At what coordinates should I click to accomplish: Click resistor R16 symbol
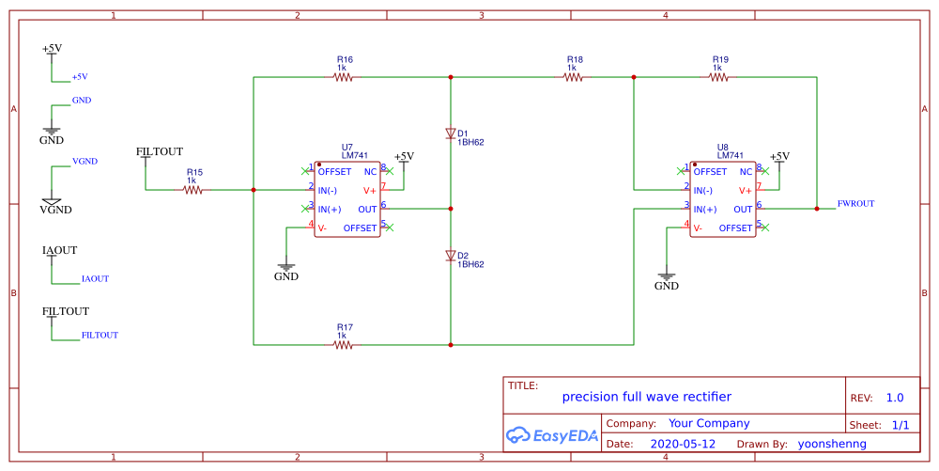coord(344,78)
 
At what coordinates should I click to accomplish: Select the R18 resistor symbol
coord(575,78)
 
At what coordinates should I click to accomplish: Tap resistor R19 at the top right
coord(718,78)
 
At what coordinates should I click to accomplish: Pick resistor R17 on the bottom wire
coord(344,345)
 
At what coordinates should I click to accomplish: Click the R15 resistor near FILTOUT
coord(192,190)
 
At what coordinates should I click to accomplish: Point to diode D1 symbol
coord(451,133)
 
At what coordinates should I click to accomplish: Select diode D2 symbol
coord(451,256)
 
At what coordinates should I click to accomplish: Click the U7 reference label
coord(347,148)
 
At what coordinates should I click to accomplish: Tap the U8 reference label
coord(722,148)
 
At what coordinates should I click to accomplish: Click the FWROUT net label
coord(855,203)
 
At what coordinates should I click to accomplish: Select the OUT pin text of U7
coord(367,210)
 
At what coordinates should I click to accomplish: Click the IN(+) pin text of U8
coord(705,210)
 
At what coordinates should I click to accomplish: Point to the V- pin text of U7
coord(322,228)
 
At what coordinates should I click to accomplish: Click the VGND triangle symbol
coord(52,200)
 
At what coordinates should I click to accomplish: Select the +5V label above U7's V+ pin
coord(404,156)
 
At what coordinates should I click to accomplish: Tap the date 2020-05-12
coord(683,444)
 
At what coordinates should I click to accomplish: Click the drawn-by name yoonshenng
coord(832,444)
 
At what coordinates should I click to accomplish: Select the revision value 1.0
coord(894,398)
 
